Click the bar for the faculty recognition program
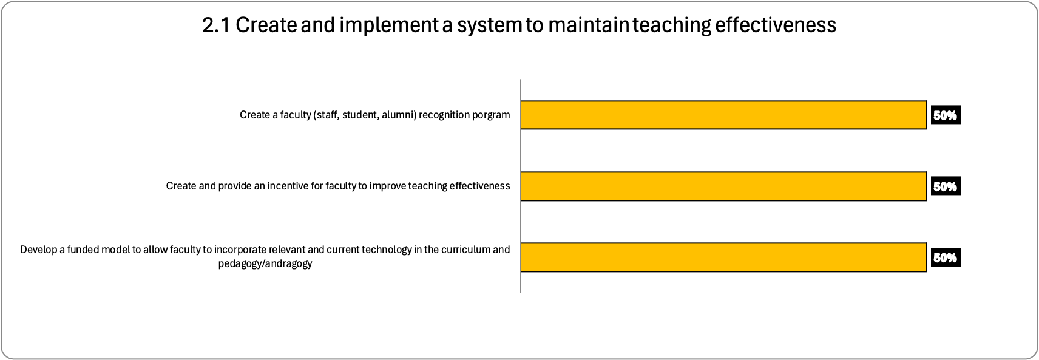(x=723, y=115)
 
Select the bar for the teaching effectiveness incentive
(x=723, y=186)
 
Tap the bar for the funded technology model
(x=723, y=257)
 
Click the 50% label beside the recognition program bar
(x=946, y=115)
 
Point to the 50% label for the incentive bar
(x=946, y=186)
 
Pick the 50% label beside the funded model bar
(x=946, y=257)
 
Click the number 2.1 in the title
(x=216, y=25)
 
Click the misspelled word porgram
(x=491, y=115)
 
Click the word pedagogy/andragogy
(x=265, y=264)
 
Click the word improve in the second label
(x=384, y=186)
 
